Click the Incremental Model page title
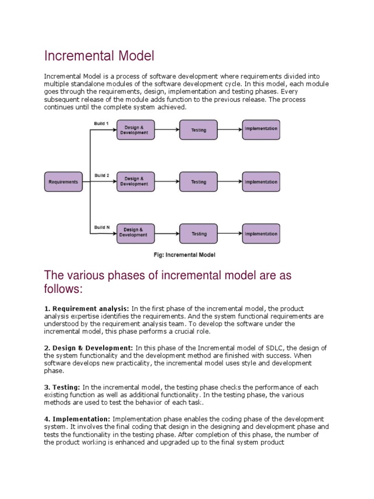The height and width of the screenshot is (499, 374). pyautogui.click(x=99, y=56)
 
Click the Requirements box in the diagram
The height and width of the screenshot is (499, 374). pyautogui.click(x=63, y=182)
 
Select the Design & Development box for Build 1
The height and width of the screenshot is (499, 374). pyautogui.click(x=136, y=130)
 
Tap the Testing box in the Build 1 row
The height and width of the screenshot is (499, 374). pyautogui.click(x=199, y=130)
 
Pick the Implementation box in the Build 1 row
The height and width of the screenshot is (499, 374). pyautogui.click(x=261, y=129)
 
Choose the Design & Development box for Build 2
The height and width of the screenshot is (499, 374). pyautogui.click(x=136, y=181)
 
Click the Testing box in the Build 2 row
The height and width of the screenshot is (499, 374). pyautogui.click(x=199, y=181)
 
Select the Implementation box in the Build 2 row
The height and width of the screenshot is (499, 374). pyautogui.click(x=261, y=181)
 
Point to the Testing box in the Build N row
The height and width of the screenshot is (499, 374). pyautogui.click(x=199, y=233)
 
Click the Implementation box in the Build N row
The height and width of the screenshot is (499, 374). pyautogui.click(x=261, y=233)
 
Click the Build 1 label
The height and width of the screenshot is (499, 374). pyautogui.click(x=102, y=123)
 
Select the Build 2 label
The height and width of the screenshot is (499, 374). pyautogui.click(x=102, y=175)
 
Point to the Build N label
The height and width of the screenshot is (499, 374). pyautogui.click(x=102, y=227)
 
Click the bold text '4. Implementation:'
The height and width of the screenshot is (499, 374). pyautogui.click(x=77, y=419)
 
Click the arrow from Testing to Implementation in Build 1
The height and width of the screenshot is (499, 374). pyautogui.click(x=229, y=130)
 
